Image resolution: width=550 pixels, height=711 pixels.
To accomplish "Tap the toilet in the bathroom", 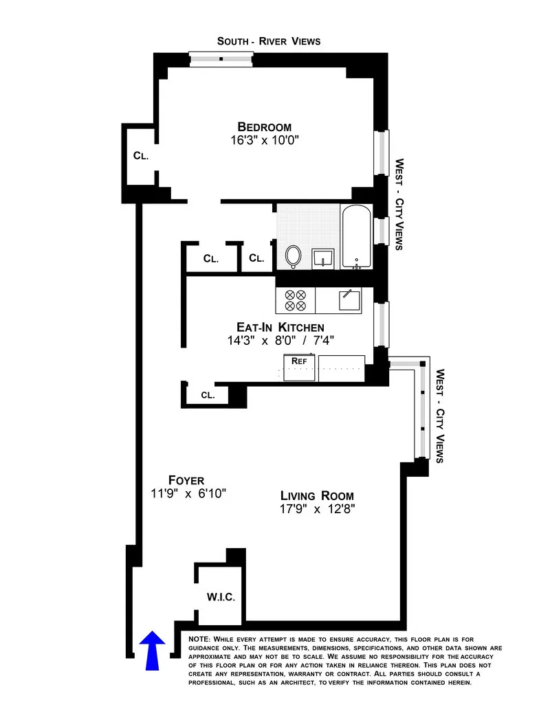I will point(293,256).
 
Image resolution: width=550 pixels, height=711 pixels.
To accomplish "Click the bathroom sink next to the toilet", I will point(322,258).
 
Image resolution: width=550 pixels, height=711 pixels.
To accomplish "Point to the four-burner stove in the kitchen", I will point(295,300).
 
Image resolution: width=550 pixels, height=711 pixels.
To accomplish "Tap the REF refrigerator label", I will point(299,361).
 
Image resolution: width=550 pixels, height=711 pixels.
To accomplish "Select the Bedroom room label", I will point(265,127).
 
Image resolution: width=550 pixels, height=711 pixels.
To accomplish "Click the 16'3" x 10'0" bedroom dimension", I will point(265,140).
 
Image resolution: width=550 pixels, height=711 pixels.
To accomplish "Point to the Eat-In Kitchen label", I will point(280,328).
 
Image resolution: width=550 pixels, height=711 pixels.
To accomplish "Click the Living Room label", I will point(317,496).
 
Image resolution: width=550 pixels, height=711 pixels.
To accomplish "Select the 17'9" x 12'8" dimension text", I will point(317,510).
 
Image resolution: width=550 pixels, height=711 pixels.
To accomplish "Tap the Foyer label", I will point(186,480).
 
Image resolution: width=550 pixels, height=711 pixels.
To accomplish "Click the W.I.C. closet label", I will point(221,597).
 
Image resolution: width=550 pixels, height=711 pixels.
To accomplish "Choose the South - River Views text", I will point(269,41).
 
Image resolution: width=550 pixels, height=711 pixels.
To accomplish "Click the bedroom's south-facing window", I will point(221,59).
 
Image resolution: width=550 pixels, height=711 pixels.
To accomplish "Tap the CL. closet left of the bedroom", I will point(140,156).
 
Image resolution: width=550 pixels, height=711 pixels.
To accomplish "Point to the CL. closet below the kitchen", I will point(208,396).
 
